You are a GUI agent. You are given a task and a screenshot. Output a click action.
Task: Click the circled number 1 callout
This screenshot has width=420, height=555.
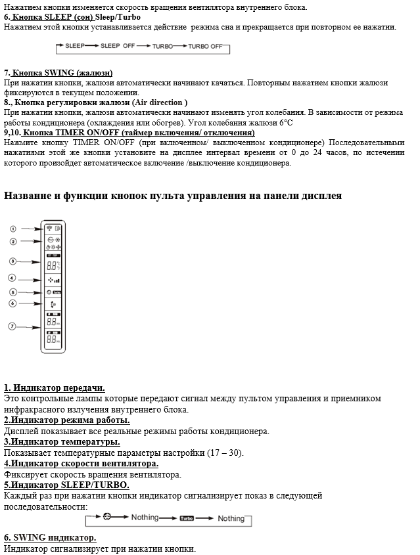point(12,229)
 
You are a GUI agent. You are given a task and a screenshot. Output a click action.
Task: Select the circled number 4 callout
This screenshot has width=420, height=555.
point(12,278)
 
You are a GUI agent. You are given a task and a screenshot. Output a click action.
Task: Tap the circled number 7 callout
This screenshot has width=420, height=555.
point(12,326)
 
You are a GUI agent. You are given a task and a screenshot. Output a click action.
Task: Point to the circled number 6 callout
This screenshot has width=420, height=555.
point(12,303)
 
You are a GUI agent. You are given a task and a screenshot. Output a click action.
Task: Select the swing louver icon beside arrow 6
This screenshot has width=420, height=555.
point(53,303)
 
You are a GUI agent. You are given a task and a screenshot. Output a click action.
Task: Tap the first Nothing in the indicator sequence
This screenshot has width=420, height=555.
point(145,518)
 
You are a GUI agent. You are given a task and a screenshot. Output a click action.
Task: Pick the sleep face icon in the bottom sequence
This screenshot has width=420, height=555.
point(107,518)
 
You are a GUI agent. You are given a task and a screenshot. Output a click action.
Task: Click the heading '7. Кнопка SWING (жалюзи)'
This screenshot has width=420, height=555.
point(58,73)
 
